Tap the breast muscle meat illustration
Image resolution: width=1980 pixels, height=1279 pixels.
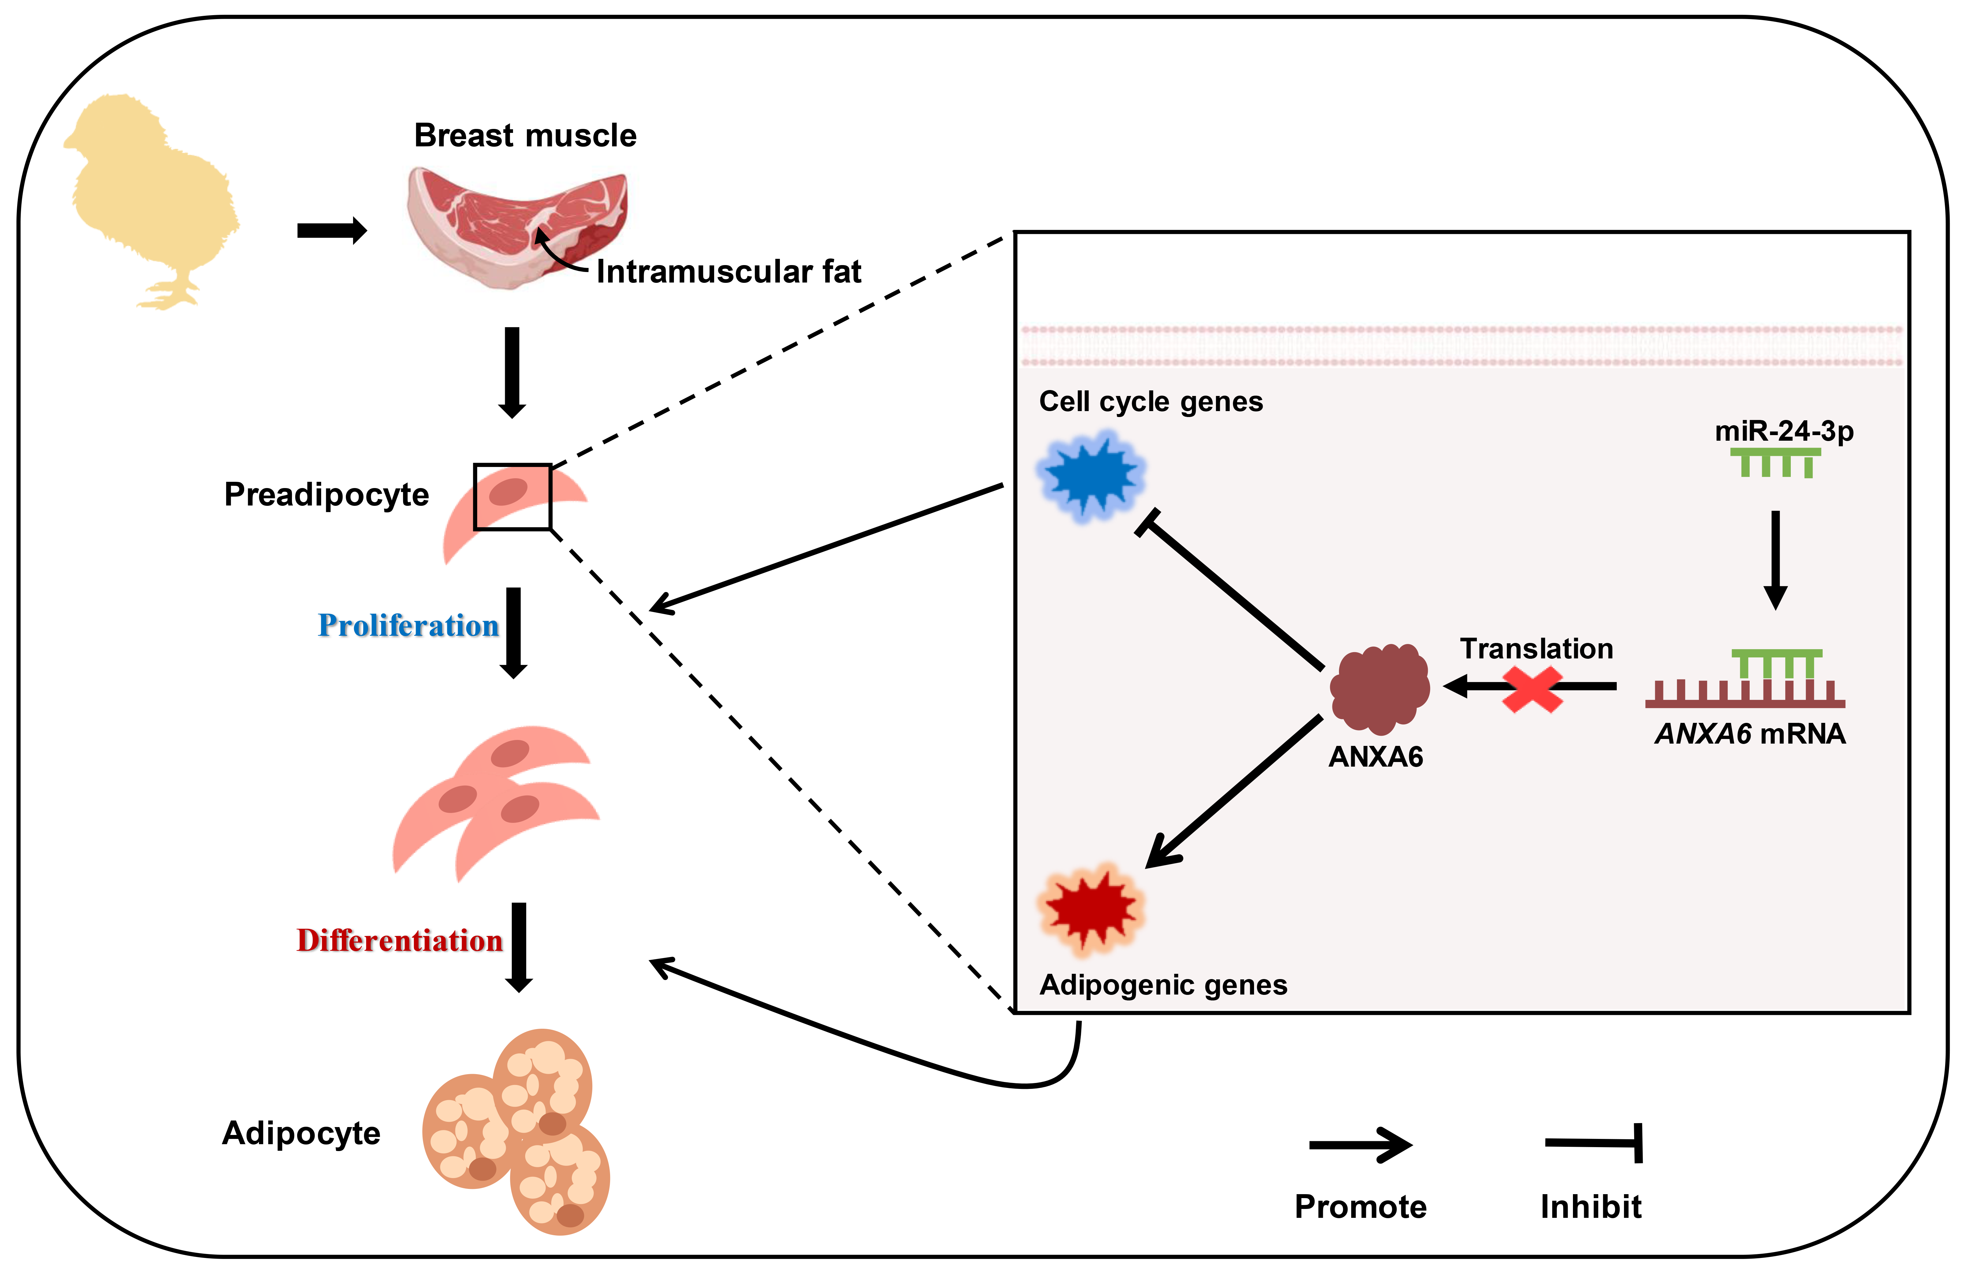515,224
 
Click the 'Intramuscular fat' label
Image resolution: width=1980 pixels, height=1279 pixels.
729,272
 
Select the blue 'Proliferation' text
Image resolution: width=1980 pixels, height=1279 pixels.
408,626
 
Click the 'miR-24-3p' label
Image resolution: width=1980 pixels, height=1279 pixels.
1784,431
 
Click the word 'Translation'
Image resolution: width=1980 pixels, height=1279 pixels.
1536,649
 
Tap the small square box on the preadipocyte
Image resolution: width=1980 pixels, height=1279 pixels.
513,497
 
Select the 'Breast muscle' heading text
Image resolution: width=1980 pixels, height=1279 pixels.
525,135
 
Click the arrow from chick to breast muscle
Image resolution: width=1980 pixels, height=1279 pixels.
331,231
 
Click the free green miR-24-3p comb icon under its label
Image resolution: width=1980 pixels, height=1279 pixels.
1776,463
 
